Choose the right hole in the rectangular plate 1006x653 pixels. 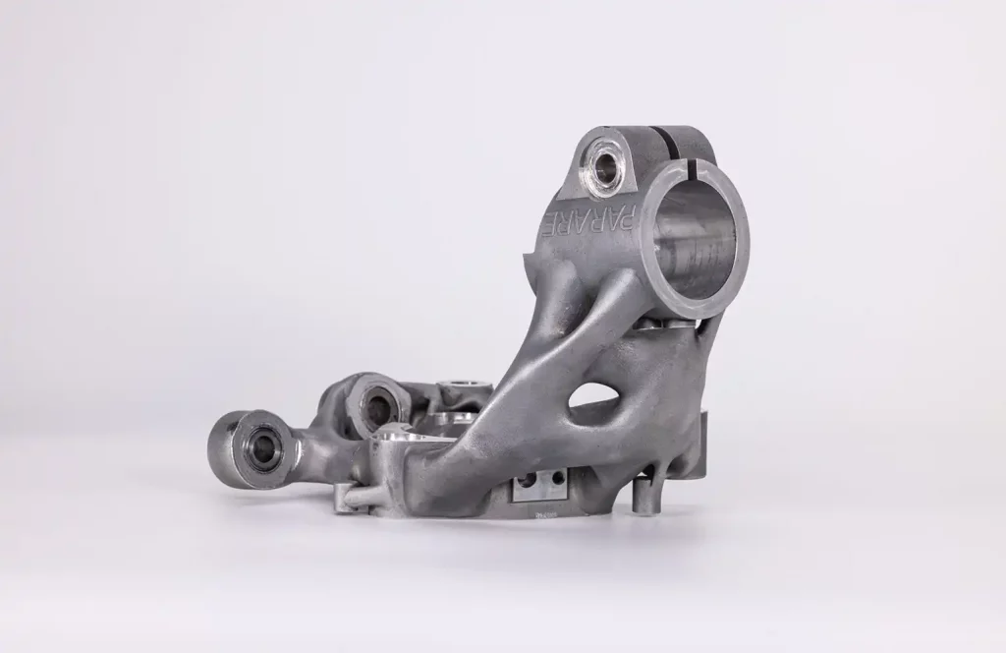point(555,480)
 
